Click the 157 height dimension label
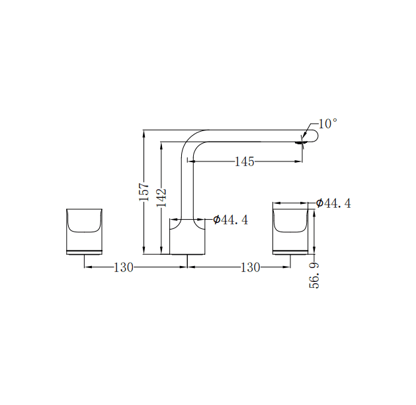144,192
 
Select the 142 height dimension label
161,197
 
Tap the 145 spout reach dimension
244,161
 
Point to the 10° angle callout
328,124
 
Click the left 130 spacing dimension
124,267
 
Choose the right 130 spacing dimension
251,267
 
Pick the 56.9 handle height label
314,275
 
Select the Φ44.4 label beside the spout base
231,220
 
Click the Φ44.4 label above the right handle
333,203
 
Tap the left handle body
84,232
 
